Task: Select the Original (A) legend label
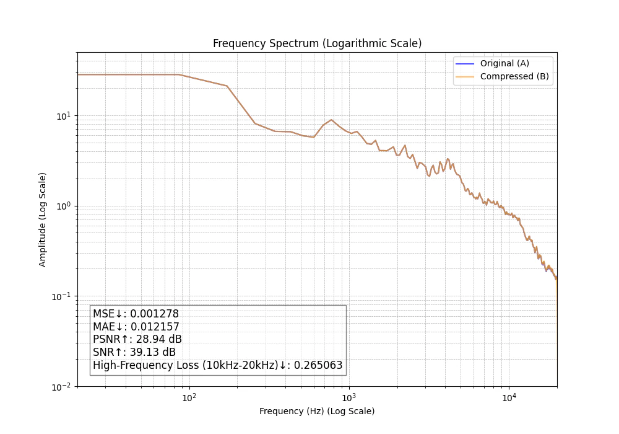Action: (504, 63)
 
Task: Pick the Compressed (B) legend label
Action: (514, 76)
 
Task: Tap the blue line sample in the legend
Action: (465, 64)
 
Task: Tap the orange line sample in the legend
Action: (465, 77)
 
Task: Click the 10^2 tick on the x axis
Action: (189, 397)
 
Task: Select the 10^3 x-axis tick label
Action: (349, 397)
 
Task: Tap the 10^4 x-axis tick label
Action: (509, 397)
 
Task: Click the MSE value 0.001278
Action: (154, 314)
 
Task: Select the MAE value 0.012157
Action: (155, 327)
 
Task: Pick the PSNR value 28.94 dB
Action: (158, 339)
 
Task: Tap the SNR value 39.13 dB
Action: (153, 352)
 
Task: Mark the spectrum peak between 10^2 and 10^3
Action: (332, 120)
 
